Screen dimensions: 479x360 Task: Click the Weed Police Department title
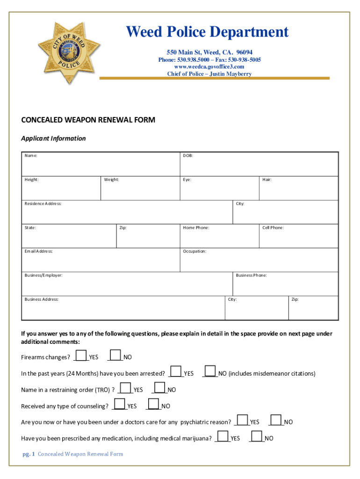[207, 32]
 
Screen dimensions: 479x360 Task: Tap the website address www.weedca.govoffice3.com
[209, 67]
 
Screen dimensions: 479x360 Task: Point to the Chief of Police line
[209, 74]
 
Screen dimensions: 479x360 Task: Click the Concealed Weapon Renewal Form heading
[88, 120]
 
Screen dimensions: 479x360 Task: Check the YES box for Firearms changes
[81, 356]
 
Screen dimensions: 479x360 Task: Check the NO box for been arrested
[210, 371]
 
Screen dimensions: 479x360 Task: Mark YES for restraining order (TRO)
[125, 388]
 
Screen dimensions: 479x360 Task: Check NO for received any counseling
[153, 404]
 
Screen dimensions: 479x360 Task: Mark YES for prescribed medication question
[223, 436]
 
